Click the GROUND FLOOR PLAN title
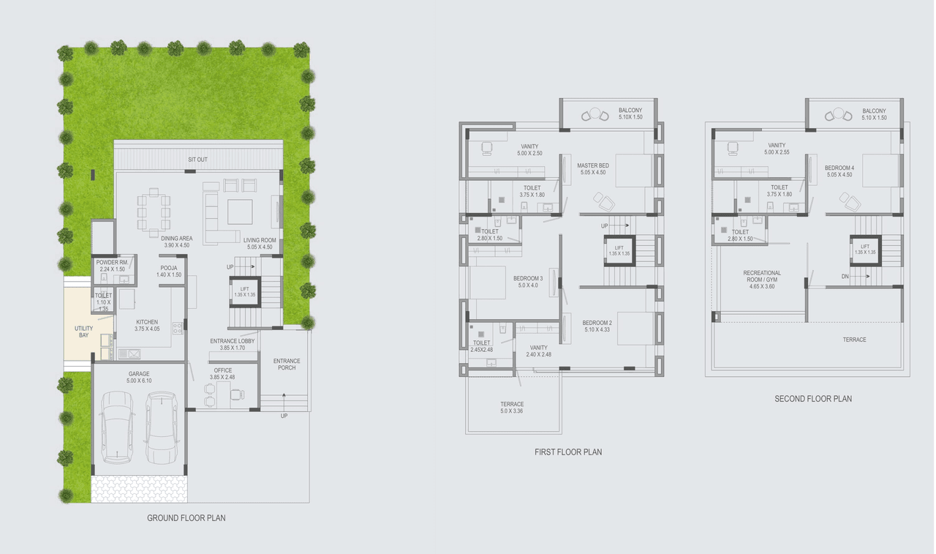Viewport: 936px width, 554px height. click(186, 518)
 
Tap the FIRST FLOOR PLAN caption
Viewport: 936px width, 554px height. click(568, 452)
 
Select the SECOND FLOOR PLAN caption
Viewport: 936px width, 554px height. click(813, 399)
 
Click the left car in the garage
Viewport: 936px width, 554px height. click(118, 427)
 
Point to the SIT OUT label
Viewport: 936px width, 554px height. click(197, 159)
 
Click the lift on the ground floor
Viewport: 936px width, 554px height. click(245, 292)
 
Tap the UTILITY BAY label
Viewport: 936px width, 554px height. click(84, 332)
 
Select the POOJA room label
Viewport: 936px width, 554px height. click(169, 271)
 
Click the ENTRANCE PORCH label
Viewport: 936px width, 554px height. click(287, 364)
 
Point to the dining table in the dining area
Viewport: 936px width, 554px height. click(154, 212)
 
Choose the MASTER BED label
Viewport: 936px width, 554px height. click(592, 169)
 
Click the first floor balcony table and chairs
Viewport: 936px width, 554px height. click(595, 116)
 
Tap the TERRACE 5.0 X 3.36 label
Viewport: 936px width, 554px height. click(512, 408)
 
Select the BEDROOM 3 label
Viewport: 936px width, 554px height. click(528, 282)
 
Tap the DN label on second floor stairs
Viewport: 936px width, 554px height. click(845, 277)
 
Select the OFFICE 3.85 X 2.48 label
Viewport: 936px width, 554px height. click(223, 373)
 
